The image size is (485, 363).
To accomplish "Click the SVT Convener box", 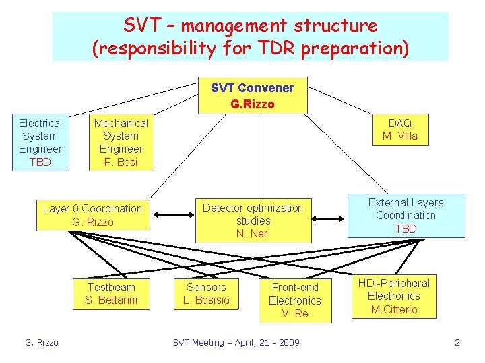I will [253, 95].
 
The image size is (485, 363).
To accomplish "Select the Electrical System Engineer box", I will [40, 143].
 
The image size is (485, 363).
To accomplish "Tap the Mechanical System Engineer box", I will [121, 143].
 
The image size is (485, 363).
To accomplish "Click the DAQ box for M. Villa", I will [400, 129].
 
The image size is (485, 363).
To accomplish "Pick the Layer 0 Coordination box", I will [93, 215].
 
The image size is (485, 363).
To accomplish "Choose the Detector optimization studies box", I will [253, 220].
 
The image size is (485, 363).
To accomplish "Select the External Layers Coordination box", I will [406, 216].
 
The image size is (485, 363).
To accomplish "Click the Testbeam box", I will [111, 294].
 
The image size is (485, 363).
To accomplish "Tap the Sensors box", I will [206, 294].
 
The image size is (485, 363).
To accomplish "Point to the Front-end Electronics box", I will [295, 300].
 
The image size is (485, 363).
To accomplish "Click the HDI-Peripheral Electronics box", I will [394, 296].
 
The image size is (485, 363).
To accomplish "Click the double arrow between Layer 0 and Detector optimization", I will [172, 216].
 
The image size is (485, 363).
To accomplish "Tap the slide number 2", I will [457, 343].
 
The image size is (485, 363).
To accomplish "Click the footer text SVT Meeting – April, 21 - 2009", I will [236, 343].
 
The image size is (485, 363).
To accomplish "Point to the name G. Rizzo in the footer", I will [42, 343].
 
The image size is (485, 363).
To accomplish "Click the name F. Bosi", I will [121, 162].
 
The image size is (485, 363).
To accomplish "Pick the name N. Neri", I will [253, 233].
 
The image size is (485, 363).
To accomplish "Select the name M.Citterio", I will [394, 309].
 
